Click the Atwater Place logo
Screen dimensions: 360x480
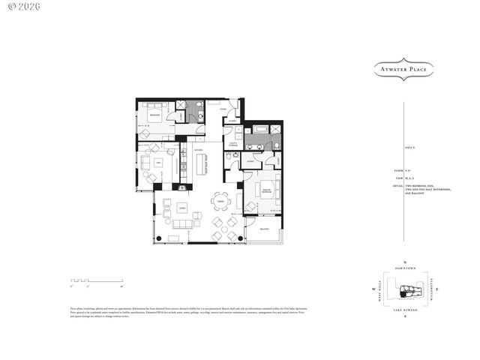(404, 70)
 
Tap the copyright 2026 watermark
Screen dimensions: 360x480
(22, 6)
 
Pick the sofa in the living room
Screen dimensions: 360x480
(182, 226)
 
